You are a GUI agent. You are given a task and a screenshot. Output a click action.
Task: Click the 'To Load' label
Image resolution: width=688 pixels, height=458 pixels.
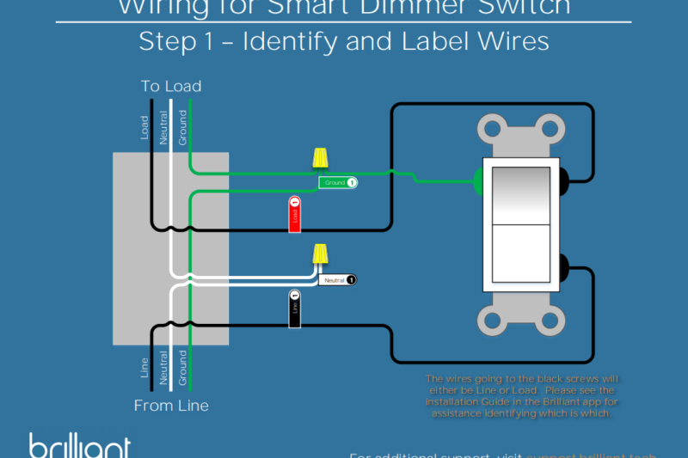171,86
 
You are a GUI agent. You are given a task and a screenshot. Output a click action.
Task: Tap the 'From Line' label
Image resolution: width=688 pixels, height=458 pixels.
171,405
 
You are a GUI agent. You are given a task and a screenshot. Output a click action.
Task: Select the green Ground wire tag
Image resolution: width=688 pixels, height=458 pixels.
338,183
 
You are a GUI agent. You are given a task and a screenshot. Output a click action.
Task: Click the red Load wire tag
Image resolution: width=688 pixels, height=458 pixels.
294,215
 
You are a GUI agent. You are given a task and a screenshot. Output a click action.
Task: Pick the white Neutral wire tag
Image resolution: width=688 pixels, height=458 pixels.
337,280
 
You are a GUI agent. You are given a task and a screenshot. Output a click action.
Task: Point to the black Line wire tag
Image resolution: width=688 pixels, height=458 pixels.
294,309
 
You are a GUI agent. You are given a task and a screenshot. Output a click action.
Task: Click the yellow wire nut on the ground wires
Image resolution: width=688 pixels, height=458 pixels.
320,158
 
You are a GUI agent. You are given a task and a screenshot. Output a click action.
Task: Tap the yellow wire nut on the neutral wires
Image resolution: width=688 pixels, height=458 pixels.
320,254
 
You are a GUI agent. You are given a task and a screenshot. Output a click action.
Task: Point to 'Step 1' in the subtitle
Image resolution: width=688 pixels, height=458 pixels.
175,41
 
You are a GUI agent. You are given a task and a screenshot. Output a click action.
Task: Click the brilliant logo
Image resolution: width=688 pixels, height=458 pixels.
79,446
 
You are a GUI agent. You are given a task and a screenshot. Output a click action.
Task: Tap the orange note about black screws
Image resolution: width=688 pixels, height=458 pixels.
522,396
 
